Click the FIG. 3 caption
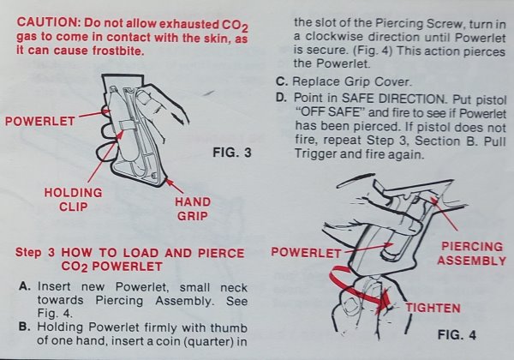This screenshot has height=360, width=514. (x=232, y=153)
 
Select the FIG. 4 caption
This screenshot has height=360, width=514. (x=457, y=335)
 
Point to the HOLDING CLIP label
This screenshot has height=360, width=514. (x=74, y=200)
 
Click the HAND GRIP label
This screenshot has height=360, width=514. (x=193, y=209)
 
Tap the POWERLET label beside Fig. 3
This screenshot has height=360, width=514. (x=40, y=122)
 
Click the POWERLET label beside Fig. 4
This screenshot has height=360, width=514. (x=306, y=253)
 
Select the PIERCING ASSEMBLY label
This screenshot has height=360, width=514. (x=472, y=254)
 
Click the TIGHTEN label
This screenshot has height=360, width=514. (x=433, y=308)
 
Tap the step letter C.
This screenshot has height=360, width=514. (x=282, y=81)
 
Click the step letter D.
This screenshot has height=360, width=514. (x=282, y=98)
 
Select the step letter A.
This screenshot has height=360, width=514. (x=25, y=286)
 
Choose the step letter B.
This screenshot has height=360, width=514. (x=24, y=327)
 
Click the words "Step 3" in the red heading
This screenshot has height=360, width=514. (x=35, y=253)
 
